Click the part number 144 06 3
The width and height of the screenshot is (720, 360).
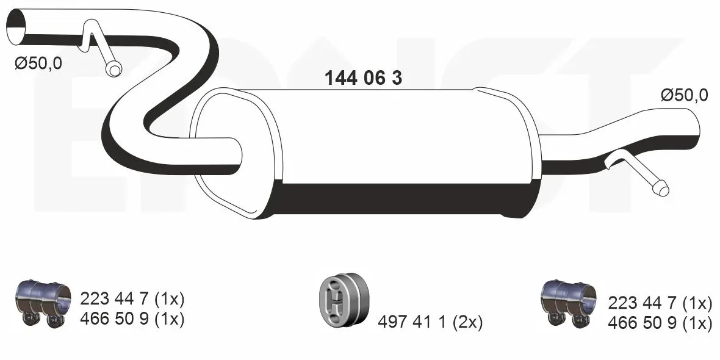[x=363, y=79]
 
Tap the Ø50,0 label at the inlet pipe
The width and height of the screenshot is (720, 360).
[x=38, y=64]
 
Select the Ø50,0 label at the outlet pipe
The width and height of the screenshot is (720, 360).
[x=684, y=96]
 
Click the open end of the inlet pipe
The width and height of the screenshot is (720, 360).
[x=16, y=27]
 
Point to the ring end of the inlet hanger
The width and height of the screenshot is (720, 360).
[x=113, y=70]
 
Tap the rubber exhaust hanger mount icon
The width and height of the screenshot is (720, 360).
[x=344, y=299]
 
